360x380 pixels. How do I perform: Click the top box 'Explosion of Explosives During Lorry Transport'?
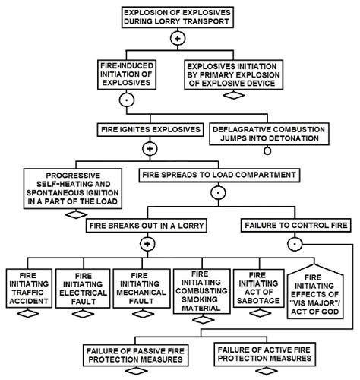coord(179,17)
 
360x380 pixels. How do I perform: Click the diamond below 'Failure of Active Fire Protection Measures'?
coord(263,372)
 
